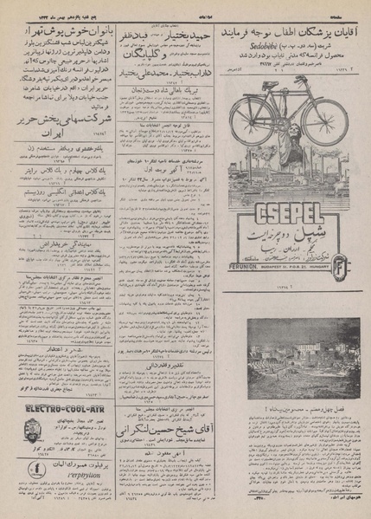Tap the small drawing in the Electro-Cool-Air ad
pyautogui.click(x=32, y=431)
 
